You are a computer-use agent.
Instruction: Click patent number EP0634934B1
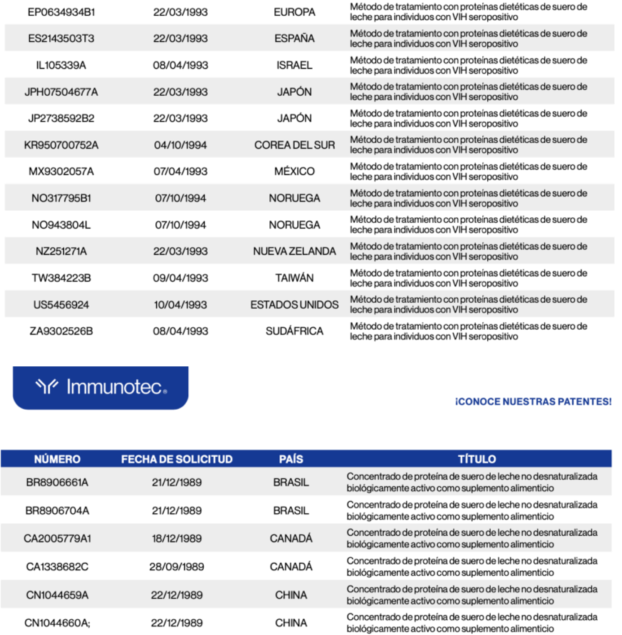pyautogui.click(x=61, y=12)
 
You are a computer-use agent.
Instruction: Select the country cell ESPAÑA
pyautogui.click(x=294, y=38)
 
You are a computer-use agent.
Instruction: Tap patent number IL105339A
pyautogui.click(x=61, y=65)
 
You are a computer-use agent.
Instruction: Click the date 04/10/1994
pyautogui.click(x=180, y=145)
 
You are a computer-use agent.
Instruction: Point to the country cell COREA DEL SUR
pyautogui.click(x=294, y=145)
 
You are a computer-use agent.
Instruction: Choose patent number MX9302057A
pyautogui.click(x=61, y=172)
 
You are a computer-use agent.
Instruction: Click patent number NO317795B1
pyautogui.click(x=61, y=198)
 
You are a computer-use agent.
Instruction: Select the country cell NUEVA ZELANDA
pyautogui.click(x=294, y=252)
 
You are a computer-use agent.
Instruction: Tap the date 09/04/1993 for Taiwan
pyautogui.click(x=180, y=278)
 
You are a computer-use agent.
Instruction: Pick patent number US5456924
pyautogui.click(x=61, y=305)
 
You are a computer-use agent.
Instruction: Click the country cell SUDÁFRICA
pyautogui.click(x=294, y=332)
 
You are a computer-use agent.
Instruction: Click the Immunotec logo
pyautogui.click(x=100, y=388)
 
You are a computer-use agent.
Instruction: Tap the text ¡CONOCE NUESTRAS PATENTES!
pyautogui.click(x=533, y=402)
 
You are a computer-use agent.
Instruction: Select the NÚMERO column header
pyautogui.click(x=57, y=460)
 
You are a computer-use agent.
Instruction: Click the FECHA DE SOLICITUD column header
pyautogui.click(x=177, y=460)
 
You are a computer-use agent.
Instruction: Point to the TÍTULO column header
pyautogui.click(x=476, y=460)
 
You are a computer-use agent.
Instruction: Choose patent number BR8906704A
pyautogui.click(x=57, y=511)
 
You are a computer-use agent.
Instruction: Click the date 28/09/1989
pyautogui.click(x=177, y=567)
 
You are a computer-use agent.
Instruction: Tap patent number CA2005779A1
pyautogui.click(x=57, y=539)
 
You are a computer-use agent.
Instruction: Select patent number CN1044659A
pyautogui.click(x=57, y=595)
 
